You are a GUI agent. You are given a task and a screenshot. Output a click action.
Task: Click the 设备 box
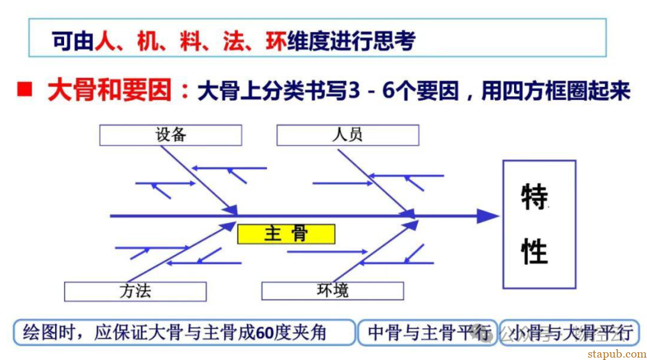tap(171, 135)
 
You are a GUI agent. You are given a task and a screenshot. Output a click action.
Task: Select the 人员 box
tap(347, 135)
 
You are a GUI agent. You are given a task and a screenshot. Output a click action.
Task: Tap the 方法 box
tap(135, 291)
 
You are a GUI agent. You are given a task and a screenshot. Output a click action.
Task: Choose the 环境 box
tap(332, 291)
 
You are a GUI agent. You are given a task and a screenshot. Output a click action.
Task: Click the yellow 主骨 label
tap(286, 234)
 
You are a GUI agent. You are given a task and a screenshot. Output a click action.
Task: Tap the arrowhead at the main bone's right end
tap(488, 216)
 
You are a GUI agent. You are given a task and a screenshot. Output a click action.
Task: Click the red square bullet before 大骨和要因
tap(24, 90)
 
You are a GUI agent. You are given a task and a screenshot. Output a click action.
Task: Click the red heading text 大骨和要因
tap(110, 90)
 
